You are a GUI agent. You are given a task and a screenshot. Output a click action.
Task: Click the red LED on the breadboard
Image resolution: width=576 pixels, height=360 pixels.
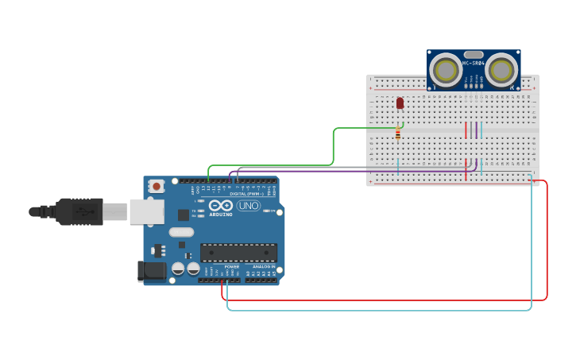pos(400,103)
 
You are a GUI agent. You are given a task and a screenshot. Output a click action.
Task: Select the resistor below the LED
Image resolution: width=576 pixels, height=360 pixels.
pos(397,134)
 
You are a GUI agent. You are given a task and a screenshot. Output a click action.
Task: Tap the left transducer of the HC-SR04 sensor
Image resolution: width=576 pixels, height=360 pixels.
pos(446,71)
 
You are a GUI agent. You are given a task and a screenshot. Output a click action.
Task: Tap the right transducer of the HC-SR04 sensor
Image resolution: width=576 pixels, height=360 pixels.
pos(501,71)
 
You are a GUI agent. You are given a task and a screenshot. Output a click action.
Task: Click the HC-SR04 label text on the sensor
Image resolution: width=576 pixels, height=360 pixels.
pos(474,63)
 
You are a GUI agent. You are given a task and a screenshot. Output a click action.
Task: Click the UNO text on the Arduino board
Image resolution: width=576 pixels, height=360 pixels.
pos(248,206)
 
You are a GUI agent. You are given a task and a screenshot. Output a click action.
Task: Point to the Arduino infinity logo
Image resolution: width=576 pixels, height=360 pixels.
pos(220,205)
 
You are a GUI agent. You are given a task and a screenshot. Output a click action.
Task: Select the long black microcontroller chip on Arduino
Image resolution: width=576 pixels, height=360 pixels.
pos(238,253)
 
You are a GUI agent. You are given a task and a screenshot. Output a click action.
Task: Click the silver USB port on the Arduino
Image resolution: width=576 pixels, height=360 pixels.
pos(147,211)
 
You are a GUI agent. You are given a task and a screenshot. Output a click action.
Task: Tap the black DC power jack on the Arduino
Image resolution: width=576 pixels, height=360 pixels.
pos(152,270)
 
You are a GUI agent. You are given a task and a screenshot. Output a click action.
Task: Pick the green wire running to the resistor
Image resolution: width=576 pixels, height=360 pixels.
pos(333,147)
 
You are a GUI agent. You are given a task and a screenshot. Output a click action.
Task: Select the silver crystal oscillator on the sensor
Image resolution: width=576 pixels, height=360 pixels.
pos(474,55)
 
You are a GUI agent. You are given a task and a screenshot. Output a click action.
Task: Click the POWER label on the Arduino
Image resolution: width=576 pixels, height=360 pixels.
pos(231,266)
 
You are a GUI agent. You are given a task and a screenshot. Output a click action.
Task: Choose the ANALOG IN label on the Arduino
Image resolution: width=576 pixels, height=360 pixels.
pos(263,266)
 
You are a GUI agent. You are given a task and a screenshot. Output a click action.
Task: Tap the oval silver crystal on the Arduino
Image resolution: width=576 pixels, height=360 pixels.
pos(181,232)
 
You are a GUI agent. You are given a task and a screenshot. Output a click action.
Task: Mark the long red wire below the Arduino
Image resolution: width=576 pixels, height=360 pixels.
pos(381,300)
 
